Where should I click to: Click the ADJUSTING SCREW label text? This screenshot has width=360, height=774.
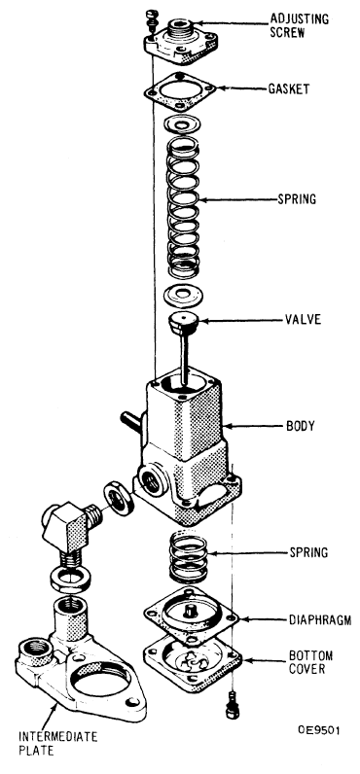pos(299,26)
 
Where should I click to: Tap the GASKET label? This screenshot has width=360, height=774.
pos(289,88)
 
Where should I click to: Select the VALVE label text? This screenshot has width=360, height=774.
pos(303,319)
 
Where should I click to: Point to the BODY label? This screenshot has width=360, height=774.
pos(301,426)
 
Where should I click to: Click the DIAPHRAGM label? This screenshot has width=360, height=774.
pos(320,619)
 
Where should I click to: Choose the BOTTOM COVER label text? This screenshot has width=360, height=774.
pos(310,662)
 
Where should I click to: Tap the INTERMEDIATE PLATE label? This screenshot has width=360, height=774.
pos(57,744)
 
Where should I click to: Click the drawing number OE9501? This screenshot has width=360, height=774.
pos(318,730)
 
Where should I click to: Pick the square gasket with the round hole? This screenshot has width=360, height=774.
pos(180,91)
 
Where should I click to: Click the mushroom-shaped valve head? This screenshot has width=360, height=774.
pos(183,323)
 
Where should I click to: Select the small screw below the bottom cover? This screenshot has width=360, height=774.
pos(230,705)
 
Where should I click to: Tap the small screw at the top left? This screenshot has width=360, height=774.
pos(150,18)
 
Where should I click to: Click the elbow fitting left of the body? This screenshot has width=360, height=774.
pos(71,531)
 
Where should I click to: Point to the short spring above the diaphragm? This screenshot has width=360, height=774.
pos(188,555)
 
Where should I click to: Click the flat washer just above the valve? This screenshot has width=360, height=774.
pos(183,296)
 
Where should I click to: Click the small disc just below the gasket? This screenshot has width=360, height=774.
pos(182,124)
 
